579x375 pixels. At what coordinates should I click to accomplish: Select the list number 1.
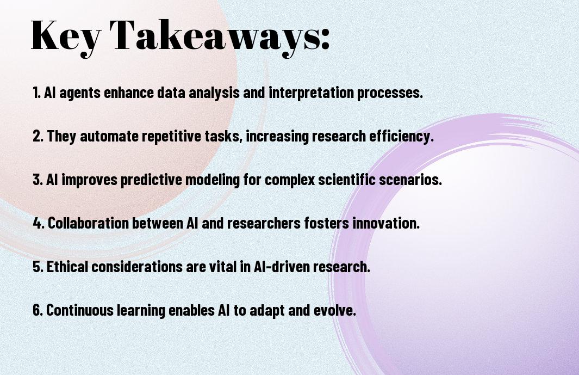click(x=36, y=93)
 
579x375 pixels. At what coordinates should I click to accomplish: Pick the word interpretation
click(x=311, y=93)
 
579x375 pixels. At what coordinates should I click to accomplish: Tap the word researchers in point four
click(x=264, y=223)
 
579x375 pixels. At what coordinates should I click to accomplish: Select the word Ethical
click(x=67, y=266)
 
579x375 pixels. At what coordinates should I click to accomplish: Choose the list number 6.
click(x=38, y=310)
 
